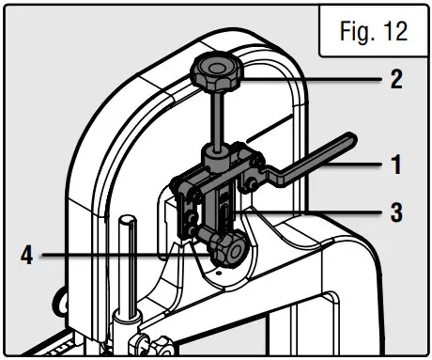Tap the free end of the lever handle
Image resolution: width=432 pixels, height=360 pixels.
point(348,139)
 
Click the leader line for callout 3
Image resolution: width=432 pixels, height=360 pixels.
point(319,211)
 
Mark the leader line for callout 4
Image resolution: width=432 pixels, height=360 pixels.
point(122,254)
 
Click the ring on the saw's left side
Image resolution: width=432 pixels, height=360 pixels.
point(61,301)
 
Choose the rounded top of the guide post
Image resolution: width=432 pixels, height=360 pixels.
point(126,222)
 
